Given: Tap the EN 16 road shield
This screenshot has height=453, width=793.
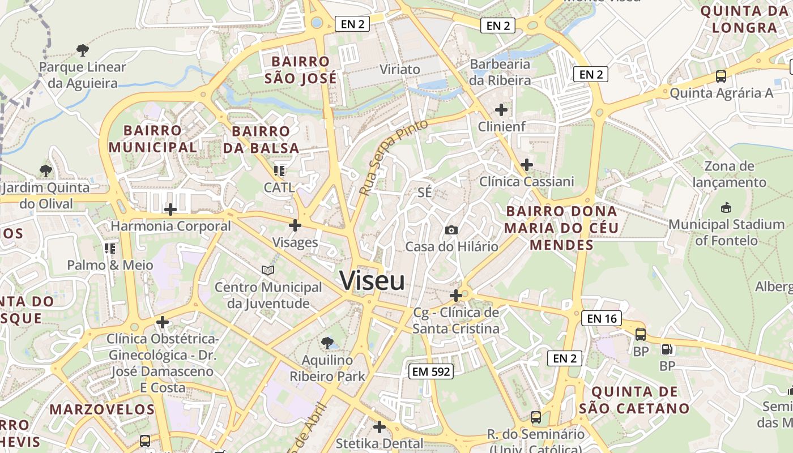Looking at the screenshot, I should click(602, 318).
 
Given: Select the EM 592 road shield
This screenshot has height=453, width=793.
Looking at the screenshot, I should click(431, 371).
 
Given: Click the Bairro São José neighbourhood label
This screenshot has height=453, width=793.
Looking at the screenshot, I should click(300, 70).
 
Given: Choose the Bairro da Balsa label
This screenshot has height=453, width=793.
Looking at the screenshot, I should click(261, 139).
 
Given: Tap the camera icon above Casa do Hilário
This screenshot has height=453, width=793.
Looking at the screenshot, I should click(451, 229).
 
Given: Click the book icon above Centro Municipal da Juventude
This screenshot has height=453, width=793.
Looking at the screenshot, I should click(268, 270).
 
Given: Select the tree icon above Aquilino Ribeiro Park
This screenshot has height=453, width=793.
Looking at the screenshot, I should click(327, 342).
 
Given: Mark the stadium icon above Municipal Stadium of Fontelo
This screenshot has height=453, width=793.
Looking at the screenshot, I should click(726, 208).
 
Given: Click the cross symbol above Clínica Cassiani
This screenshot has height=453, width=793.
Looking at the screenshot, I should click(527, 165).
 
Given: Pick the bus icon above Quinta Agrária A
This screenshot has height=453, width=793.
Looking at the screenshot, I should click(721, 76).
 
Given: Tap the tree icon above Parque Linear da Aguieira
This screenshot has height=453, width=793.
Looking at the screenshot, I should click(83, 50).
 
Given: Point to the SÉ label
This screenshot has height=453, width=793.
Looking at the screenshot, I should click(424, 193).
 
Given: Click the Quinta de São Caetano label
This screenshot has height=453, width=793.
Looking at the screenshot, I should click(634, 400).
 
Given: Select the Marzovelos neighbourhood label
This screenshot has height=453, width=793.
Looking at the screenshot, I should click(102, 409).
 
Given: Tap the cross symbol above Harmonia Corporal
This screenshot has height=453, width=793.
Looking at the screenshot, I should click(170, 210).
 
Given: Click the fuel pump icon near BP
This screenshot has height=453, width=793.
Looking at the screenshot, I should click(667, 349).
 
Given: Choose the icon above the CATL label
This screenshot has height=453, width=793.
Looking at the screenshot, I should click(279, 170).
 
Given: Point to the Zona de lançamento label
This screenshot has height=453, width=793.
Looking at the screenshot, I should click(729, 174).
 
